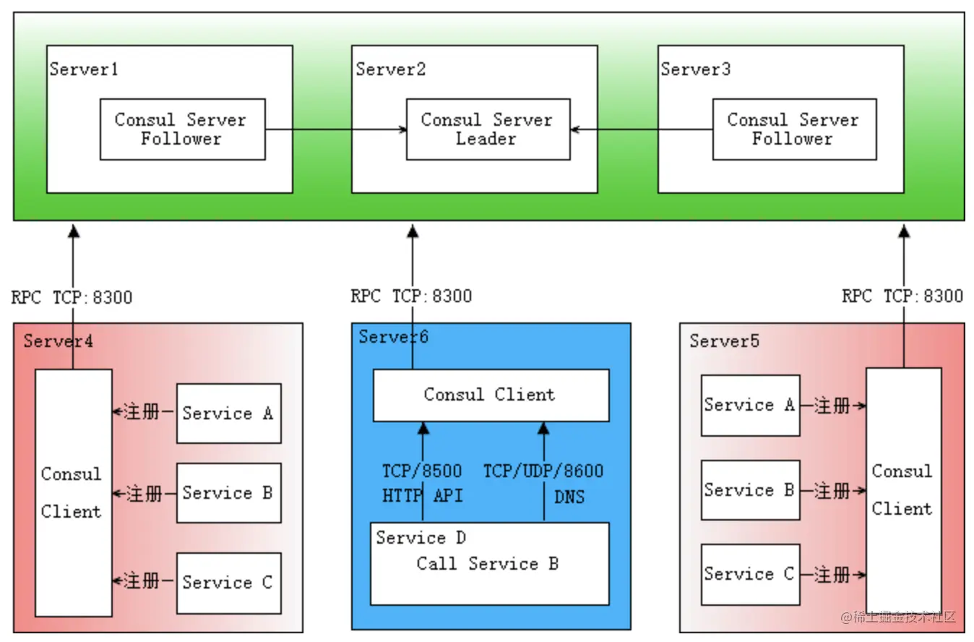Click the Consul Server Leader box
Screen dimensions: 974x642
coord(488,129)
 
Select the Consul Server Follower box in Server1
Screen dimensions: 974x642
coord(183,129)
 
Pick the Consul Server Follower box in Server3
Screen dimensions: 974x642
coord(794,129)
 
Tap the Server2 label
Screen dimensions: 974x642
coord(390,69)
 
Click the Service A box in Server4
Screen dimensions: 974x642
coord(229,414)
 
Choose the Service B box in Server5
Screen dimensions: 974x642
coord(751,489)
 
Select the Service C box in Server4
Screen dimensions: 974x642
coord(229,583)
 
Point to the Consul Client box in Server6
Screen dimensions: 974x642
coord(491,395)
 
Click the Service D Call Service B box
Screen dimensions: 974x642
coord(490,564)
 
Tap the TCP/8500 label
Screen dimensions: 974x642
coord(422,471)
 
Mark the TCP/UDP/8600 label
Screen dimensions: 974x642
coord(543,471)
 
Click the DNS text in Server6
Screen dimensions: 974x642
coord(569,497)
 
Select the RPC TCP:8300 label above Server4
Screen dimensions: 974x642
coord(72,298)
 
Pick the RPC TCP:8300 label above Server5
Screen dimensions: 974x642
coord(902,296)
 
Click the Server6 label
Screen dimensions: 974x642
coord(394,337)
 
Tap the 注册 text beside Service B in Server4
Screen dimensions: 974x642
coord(145,494)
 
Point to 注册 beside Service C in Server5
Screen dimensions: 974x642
coord(832,575)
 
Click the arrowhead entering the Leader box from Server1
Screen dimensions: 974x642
coord(403,129)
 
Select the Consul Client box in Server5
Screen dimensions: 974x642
coord(904,491)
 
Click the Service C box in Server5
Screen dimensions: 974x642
coord(751,574)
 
